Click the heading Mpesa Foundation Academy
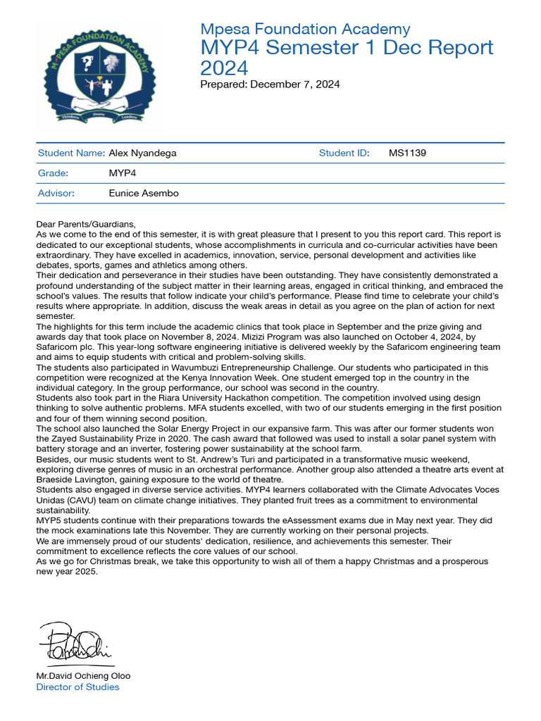click(305, 29)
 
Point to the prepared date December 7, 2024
click(294, 84)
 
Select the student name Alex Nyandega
click(143, 153)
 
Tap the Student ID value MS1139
click(407, 153)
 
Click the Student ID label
click(344, 153)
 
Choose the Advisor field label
click(56, 193)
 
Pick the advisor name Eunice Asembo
click(144, 193)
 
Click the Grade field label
click(53, 173)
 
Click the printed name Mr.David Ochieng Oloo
click(83, 676)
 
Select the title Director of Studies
click(77, 687)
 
